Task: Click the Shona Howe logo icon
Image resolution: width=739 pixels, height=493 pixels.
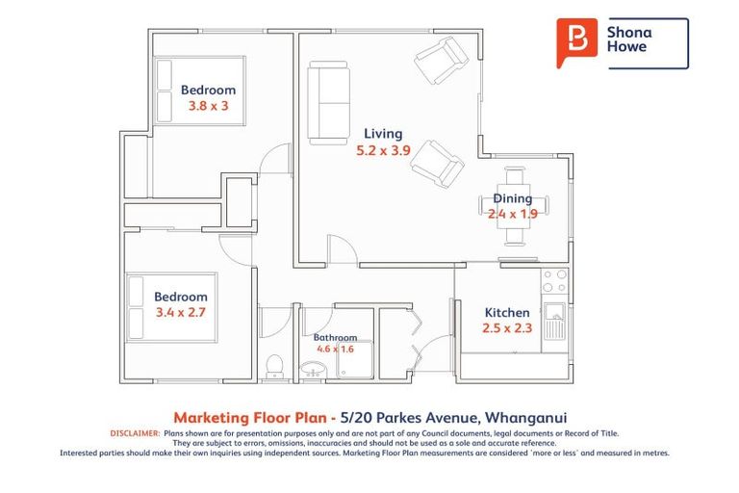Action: pyautogui.click(x=576, y=42)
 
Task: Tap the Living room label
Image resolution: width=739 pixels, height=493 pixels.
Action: pyautogui.click(x=383, y=134)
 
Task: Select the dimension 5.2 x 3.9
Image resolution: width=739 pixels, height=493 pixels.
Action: pyautogui.click(x=383, y=150)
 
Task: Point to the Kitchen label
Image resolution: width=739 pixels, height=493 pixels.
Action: pyautogui.click(x=506, y=313)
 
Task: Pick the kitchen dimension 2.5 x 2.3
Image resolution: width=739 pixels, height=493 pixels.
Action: pyautogui.click(x=506, y=329)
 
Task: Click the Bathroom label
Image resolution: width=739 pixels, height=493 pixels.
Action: pyautogui.click(x=335, y=338)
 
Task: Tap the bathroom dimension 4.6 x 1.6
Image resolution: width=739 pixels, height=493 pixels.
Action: pyautogui.click(x=335, y=350)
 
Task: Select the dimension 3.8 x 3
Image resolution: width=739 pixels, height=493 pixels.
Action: pyautogui.click(x=208, y=107)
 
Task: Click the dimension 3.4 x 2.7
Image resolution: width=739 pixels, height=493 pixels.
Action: pyautogui.click(x=181, y=313)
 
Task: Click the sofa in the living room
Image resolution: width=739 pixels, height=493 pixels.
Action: pyautogui.click(x=329, y=101)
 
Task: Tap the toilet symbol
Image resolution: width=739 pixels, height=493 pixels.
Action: pyautogui.click(x=275, y=366)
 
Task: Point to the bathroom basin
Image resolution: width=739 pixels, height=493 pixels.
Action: pyautogui.click(x=313, y=371)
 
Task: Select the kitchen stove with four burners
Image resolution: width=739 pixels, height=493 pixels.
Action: pyautogui.click(x=555, y=281)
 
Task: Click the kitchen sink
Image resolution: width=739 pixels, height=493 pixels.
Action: pyautogui.click(x=555, y=322)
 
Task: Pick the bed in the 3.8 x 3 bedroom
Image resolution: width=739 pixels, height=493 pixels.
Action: pyautogui.click(x=197, y=90)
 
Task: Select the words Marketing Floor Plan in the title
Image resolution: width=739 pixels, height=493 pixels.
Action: pyautogui.click(x=241, y=418)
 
